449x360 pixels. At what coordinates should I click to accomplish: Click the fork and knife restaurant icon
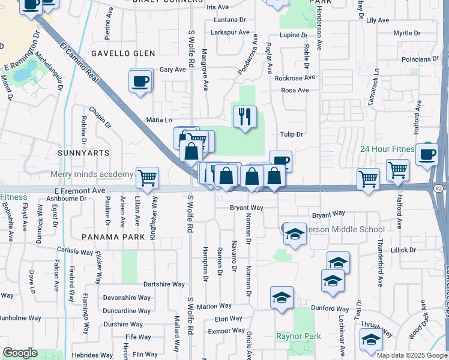coord(244,116)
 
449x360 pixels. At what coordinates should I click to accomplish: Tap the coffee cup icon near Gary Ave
coord(140,81)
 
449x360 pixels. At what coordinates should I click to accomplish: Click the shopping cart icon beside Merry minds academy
coord(147,178)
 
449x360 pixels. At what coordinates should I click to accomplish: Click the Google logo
coord(20,353)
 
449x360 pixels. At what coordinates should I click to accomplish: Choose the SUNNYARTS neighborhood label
coord(83,153)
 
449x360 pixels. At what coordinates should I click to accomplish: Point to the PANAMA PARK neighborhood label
coord(113,237)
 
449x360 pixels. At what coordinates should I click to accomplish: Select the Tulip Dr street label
coord(291,134)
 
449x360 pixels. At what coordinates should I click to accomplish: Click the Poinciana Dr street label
coord(420,59)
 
